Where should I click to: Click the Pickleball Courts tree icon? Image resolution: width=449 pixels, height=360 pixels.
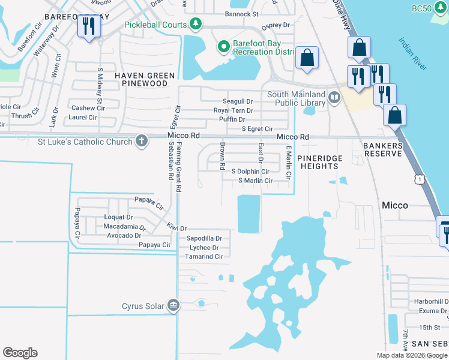[195, 24]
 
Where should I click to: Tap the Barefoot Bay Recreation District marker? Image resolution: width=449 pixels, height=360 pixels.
[223, 46]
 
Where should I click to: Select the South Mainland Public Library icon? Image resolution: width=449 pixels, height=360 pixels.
[334, 96]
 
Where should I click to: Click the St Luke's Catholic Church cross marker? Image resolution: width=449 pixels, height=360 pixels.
[141, 142]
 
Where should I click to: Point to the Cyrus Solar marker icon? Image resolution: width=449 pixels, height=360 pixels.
[173, 305]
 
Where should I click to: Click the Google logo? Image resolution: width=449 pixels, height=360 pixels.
[20, 353]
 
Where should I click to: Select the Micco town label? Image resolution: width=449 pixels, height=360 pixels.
[395, 205]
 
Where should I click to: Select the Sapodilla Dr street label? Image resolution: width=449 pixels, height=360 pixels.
[204, 238]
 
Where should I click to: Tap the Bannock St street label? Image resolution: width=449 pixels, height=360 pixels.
[241, 13]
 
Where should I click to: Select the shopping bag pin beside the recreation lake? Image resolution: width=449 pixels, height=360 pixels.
[307, 58]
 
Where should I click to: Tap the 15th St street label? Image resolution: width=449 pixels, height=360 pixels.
[430, 327]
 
